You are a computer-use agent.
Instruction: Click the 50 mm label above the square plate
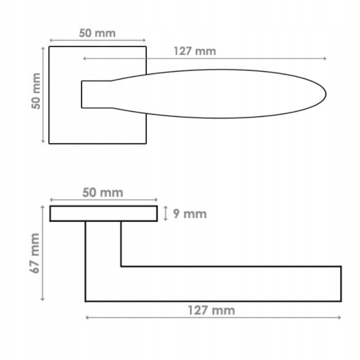tap(97, 33)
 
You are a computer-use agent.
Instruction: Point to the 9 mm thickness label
tap(190, 214)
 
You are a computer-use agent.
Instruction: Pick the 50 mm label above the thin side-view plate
tap(102, 192)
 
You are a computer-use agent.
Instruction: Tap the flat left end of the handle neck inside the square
tap(82, 94)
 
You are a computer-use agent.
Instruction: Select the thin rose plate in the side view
tap(103, 214)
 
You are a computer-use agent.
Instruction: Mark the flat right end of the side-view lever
tap(341, 284)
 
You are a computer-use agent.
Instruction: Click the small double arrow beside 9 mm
tap(166, 214)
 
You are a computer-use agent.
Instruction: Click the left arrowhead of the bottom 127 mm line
tap(87, 317)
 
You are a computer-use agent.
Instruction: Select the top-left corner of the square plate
tap(49, 47)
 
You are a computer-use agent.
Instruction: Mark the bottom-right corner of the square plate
tap(146, 143)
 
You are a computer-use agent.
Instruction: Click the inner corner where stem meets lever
tap(121, 266)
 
